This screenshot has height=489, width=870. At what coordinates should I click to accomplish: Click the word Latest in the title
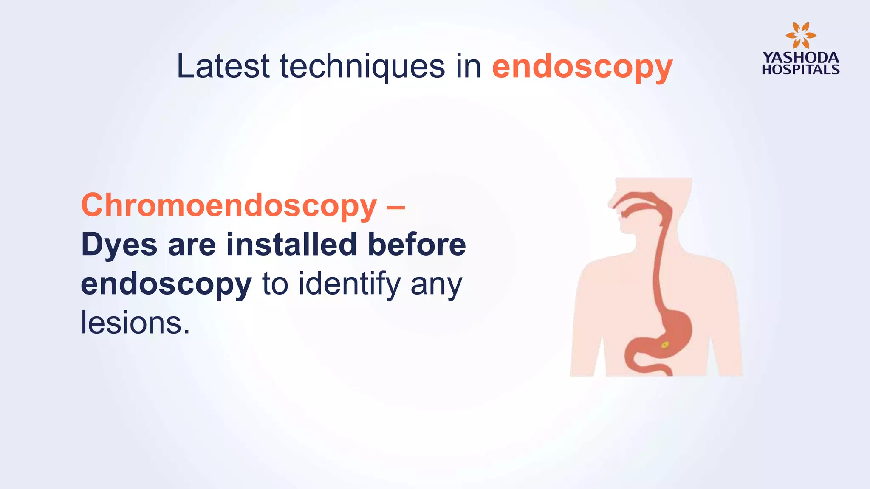coord(223,66)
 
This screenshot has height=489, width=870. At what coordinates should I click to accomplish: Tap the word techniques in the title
coord(362,67)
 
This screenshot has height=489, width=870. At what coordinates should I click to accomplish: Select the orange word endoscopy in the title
coord(582,67)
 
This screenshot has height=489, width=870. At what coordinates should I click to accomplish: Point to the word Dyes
coord(119,245)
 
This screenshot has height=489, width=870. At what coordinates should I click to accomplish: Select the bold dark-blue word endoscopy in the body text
coord(167,284)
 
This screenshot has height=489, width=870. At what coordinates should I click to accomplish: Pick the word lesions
coord(135,323)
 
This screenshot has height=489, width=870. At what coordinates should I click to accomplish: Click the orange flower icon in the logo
coord(800,35)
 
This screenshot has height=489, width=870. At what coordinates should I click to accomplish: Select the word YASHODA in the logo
coord(801,58)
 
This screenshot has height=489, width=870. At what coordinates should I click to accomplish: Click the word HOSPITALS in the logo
coord(801,69)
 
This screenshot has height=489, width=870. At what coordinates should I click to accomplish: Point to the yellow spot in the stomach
coord(665,345)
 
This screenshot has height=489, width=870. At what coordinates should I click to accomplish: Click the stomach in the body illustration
coord(671,331)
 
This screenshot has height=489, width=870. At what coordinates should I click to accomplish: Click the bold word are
coord(192,245)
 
